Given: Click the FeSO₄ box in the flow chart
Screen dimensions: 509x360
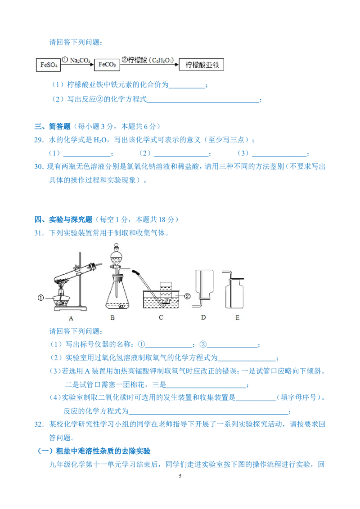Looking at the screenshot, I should (x=47, y=65).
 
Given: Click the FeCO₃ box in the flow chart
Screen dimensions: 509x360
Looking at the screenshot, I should (x=106, y=65).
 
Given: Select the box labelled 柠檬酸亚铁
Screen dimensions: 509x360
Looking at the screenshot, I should (x=202, y=65).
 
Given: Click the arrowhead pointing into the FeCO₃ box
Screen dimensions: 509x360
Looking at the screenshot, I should (x=91, y=65).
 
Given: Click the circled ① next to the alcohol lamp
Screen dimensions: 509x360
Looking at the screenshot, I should (x=41, y=297).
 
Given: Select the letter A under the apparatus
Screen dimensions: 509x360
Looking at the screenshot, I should (x=71, y=317).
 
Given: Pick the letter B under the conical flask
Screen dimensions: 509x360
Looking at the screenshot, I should (x=112, y=317).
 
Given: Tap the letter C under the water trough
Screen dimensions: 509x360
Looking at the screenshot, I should (x=160, y=317).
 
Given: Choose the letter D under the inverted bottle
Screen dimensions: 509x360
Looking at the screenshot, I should (x=203, y=317).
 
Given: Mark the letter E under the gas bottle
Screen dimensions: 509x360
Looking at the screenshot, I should (x=237, y=317).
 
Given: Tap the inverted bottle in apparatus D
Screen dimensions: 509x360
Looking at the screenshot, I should (x=204, y=285).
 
